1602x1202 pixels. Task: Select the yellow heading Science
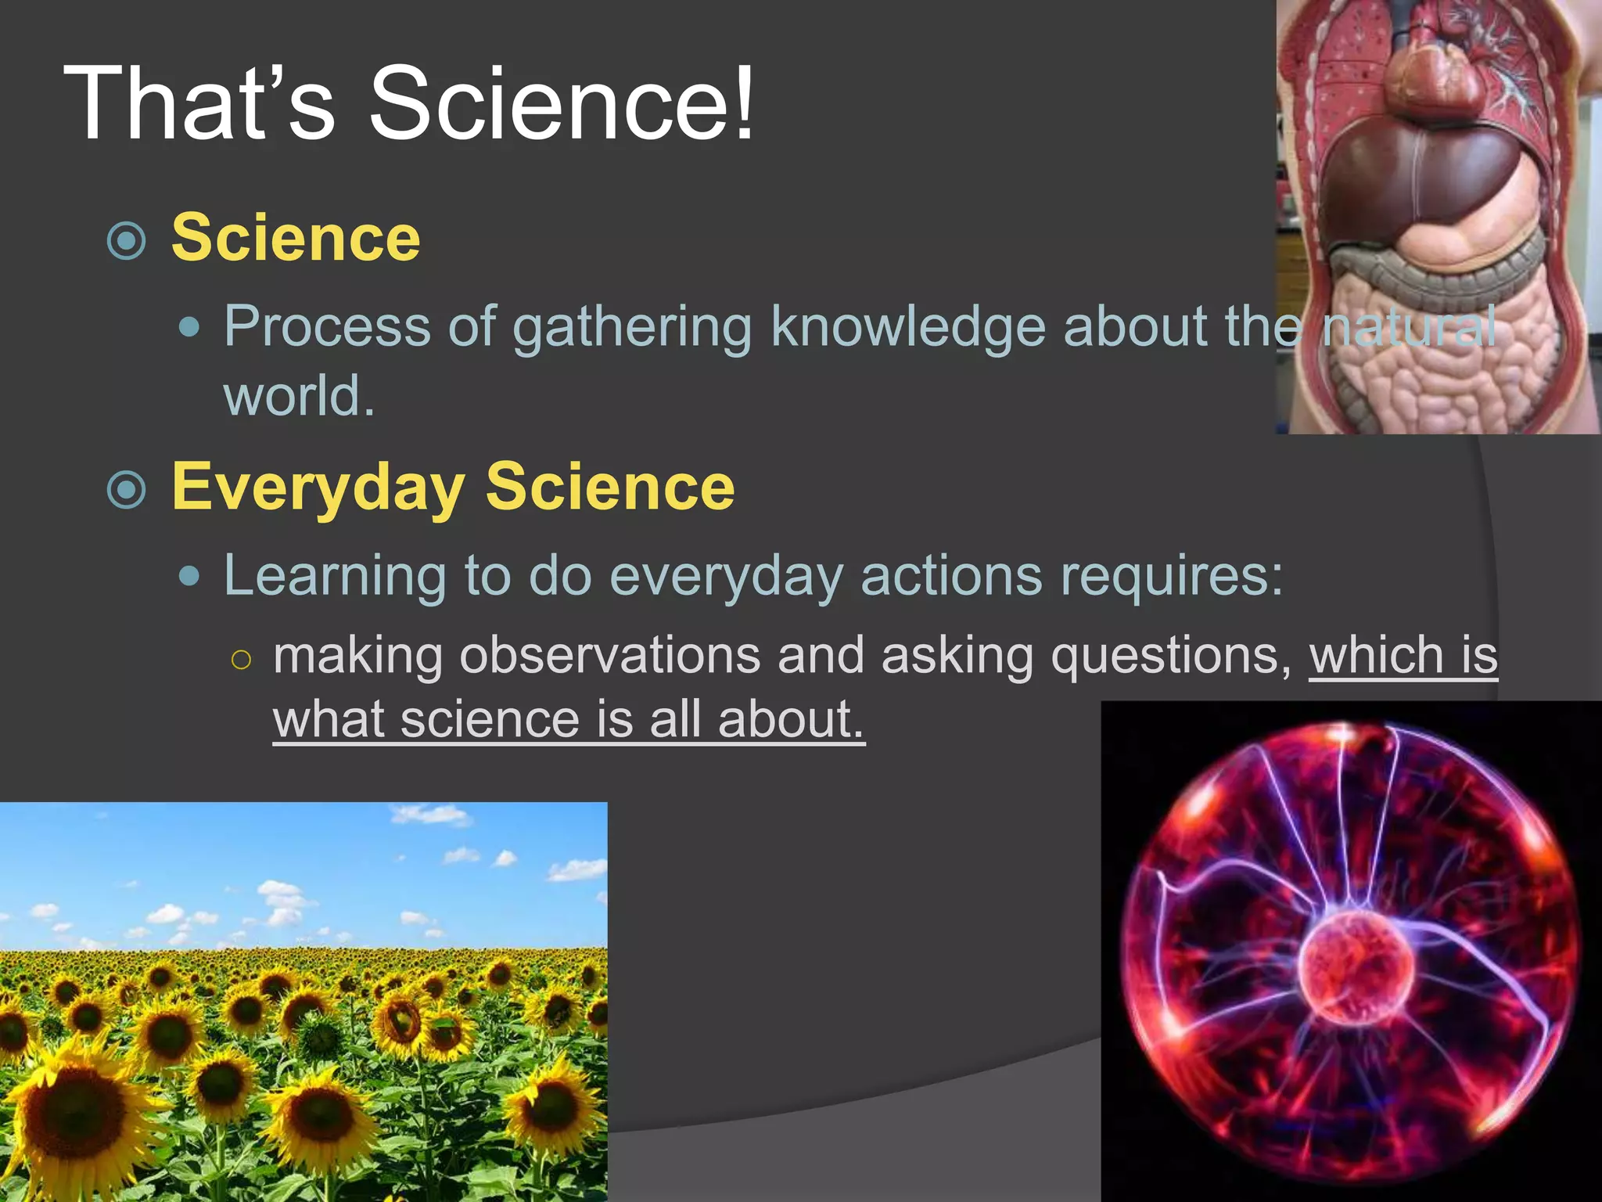(296, 238)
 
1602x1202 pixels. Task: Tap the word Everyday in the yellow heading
(318, 487)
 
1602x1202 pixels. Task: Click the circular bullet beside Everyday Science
(127, 490)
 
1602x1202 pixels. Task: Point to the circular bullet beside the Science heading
(127, 241)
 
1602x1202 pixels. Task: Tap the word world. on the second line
(299, 396)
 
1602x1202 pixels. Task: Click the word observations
(609, 655)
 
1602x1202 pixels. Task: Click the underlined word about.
(790, 720)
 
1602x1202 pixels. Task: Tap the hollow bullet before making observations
(242, 660)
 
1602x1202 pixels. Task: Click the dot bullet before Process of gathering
(189, 326)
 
